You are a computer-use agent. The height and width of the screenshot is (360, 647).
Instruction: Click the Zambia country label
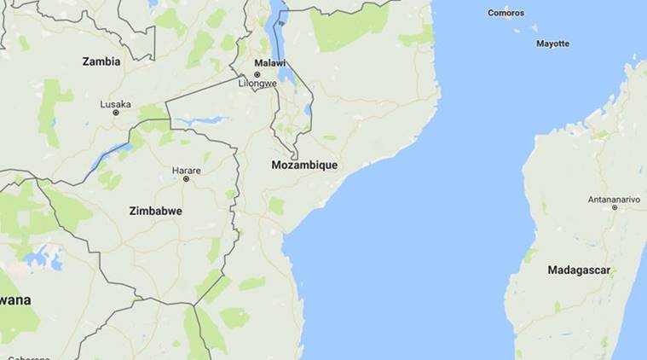pyautogui.click(x=101, y=61)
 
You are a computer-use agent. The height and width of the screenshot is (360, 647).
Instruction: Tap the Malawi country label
pyautogui.click(x=271, y=62)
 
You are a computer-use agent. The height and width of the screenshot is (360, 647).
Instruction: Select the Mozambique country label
pyautogui.click(x=304, y=165)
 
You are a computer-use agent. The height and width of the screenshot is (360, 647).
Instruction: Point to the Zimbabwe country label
pyautogui.click(x=155, y=211)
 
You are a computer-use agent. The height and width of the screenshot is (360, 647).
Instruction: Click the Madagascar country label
pyautogui.click(x=579, y=270)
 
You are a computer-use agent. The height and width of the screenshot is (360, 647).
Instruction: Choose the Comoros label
pyautogui.click(x=505, y=13)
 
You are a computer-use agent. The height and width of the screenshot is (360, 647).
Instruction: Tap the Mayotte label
pyautogui.click(x=552, y=44)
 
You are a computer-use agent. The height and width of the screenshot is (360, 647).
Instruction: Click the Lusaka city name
pyautogui.click(x=116, y=104)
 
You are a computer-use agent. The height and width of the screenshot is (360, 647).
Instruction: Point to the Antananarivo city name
pyautogui.click(x=614, y=199)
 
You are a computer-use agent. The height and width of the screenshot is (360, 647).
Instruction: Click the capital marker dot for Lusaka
pyautogui.click(x=116, y=113)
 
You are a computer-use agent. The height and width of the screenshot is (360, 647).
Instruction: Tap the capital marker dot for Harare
pyautogui.click(x=186, y=179)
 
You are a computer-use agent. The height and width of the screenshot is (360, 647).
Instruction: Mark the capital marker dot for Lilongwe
pyautogui.click(x=257, y=74)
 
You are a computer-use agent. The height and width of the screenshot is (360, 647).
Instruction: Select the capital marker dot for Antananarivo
pyautogui.click(x=614, y=207)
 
